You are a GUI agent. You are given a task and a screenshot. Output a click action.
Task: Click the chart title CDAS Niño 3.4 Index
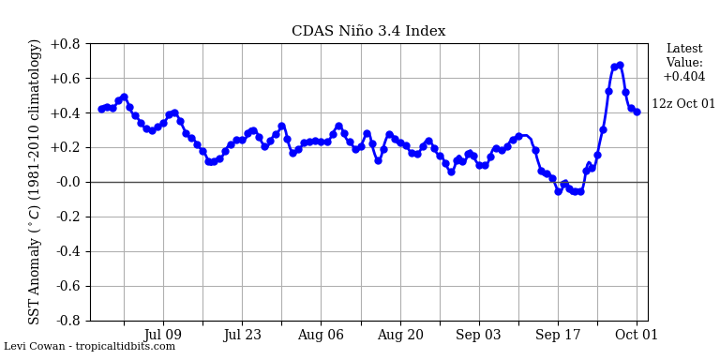(x=368, y=31)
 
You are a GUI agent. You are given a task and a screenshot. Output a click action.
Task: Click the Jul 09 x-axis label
(x=163, y=334)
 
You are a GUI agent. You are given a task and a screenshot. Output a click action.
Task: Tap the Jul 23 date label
(x=242, y=334)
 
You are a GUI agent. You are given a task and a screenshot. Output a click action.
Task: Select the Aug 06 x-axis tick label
(x=321, y=334)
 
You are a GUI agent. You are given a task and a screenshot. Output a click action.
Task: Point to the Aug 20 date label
(x=400, y=334)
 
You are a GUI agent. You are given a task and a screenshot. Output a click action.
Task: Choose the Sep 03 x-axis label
(x=479, y=334)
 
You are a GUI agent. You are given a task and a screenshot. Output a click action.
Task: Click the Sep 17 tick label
(x=558, y=334)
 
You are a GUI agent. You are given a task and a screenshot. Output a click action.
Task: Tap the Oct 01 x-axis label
(x=637, y=334)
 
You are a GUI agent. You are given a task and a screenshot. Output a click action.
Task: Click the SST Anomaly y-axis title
(x=36, y=182)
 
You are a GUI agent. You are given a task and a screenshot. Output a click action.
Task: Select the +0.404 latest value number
(x=683, y=77)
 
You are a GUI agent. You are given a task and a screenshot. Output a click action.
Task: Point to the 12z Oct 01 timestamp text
(x=683, y=104)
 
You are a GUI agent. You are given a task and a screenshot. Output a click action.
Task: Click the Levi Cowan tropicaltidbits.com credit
(x=89, y=347)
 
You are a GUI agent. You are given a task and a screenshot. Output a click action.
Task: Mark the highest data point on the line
(x=620, y=65)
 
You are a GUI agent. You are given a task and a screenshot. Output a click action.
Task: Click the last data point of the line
(x=637, y=112)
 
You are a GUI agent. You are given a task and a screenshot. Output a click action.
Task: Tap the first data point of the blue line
(x=101, y=109)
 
